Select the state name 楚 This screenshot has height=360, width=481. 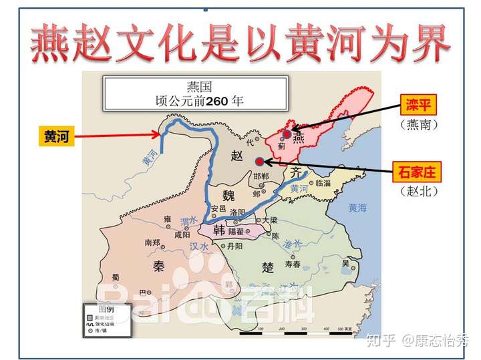[268, 266]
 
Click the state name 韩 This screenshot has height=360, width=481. [218, 230]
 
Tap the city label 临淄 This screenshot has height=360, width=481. [323, 182]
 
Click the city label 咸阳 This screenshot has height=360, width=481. [181, 234]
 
